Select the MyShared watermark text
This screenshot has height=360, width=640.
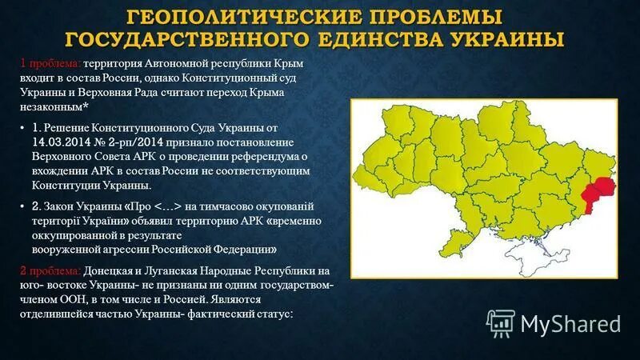pyautogui.click(x=570, y=323)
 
